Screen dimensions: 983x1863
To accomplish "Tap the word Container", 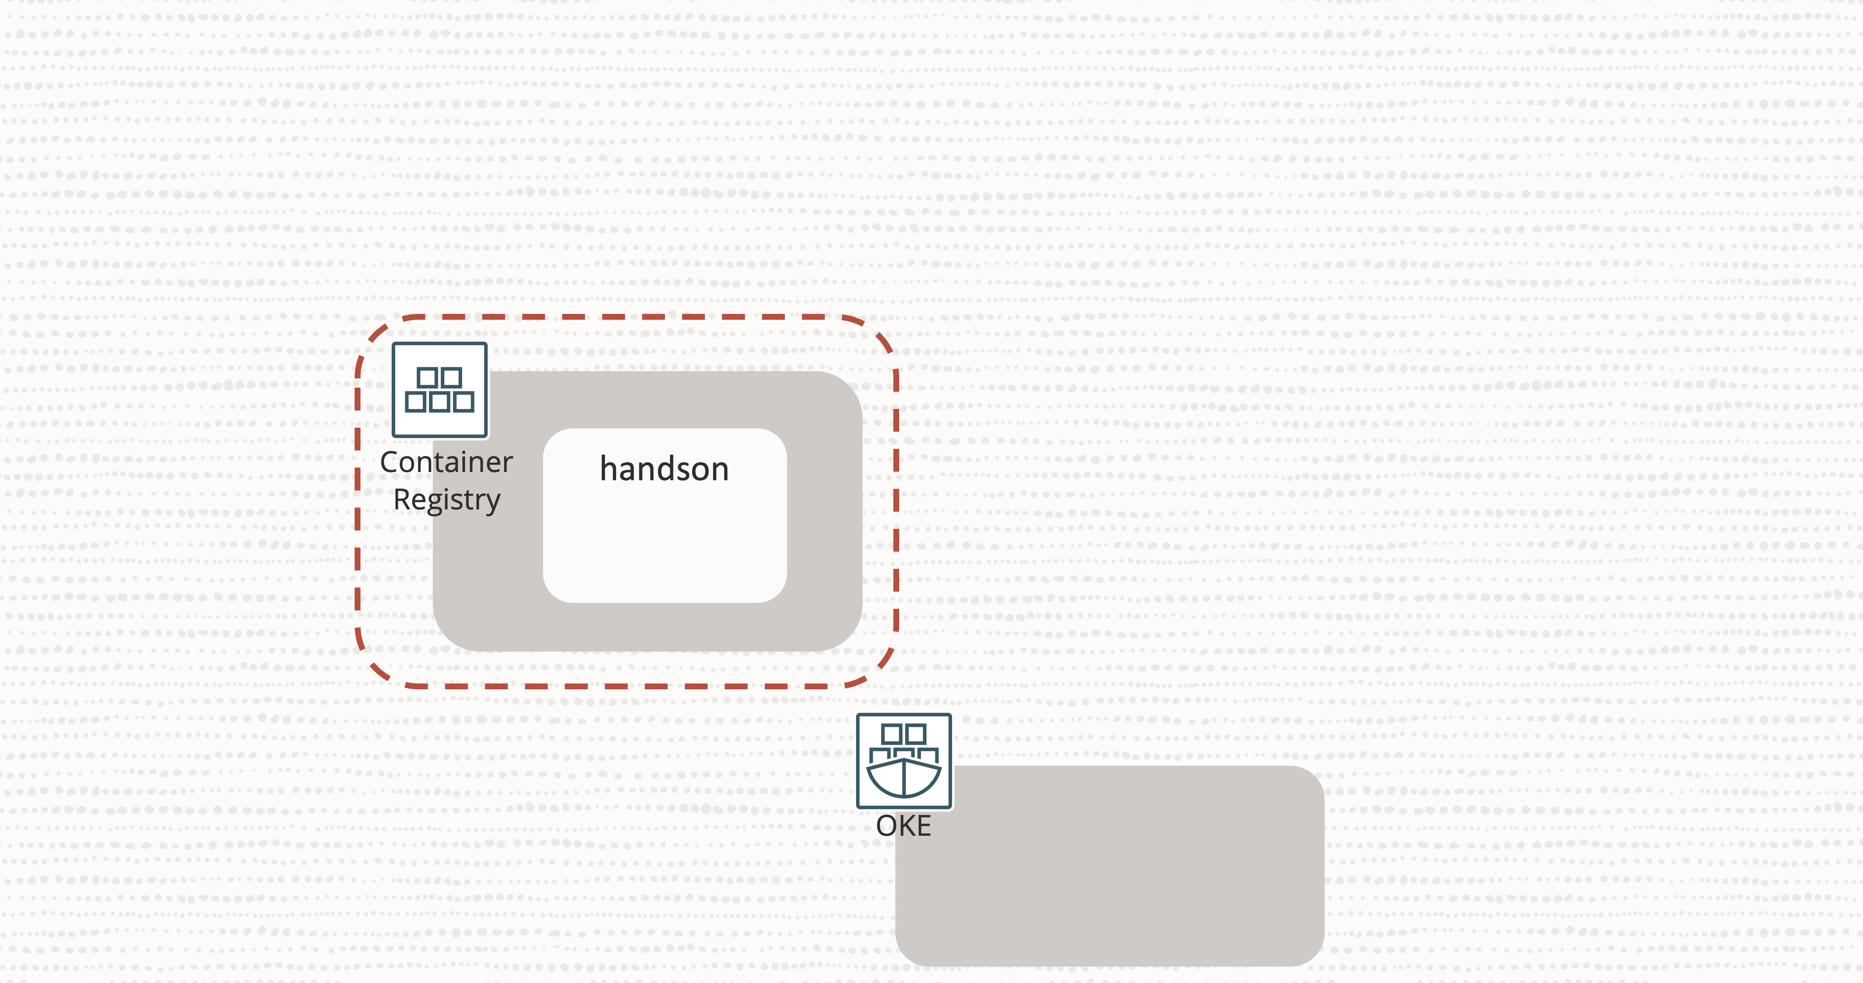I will tap(446, 462).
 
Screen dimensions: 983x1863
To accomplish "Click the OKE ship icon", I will tap(903, 761).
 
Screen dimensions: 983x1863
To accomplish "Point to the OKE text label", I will tap(903, 826).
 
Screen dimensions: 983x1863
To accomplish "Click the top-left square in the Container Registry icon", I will tap(427, 377).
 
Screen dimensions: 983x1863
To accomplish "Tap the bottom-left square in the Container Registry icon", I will tap(415, 402).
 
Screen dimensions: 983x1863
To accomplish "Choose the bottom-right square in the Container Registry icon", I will tap(464, 402).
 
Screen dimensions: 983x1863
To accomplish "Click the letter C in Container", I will tap(389, 462).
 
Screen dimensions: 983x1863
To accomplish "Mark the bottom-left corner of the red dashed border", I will tap(374, 669).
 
